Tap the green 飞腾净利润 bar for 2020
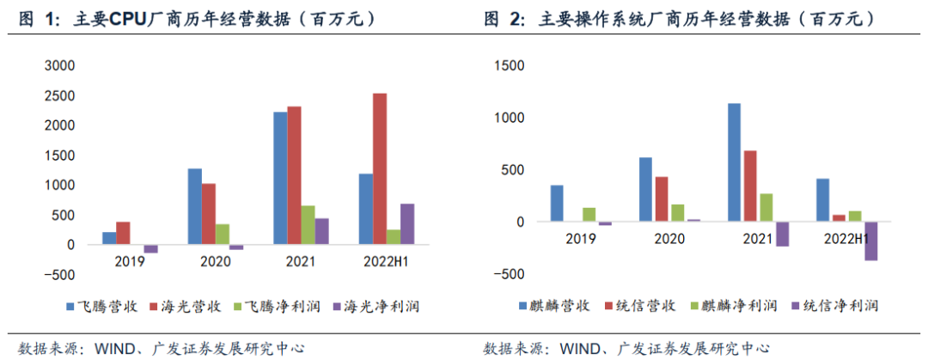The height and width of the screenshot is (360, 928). (222, 234)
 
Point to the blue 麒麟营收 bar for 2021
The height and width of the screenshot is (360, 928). (734, 162)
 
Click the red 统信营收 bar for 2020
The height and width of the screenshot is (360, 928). (661, 199)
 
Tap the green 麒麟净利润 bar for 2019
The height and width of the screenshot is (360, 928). (589, 215)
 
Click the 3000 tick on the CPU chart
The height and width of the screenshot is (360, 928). (58, 65)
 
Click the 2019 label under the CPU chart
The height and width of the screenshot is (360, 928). (129, 259)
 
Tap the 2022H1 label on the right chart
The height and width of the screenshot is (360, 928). (846, 238)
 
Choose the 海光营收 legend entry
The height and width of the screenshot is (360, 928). (184, 306)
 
